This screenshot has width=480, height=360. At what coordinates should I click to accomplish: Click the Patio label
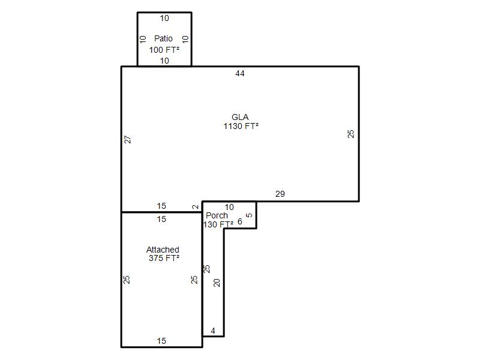click(x=163, y=38)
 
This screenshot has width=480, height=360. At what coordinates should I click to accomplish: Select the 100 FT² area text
click(x=164, y=50)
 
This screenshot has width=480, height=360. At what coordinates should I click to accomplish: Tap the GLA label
click(x=240, y=117)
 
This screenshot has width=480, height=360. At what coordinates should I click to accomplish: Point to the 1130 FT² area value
click(x=241, y=126)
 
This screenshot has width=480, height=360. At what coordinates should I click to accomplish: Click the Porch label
click(x=217, y=215)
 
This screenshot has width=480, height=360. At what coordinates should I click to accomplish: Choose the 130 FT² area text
click(x=218, y=224)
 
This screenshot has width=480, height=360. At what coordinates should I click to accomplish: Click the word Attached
click(x=163, y=250)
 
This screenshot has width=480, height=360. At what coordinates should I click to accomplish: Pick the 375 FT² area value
click(x=164, y=258)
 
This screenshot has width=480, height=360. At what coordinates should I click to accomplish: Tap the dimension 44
click(x=240, y=73)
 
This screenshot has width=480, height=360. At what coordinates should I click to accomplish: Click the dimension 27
click(x=128, y=139)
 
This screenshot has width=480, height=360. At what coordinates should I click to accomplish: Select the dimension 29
click(x=280, y=194)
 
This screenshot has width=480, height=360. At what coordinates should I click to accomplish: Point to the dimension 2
click(x=196, y=207)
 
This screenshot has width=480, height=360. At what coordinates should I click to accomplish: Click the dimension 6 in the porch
click(x=239, y=221)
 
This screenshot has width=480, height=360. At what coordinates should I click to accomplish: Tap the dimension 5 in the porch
click(x=250, y=215)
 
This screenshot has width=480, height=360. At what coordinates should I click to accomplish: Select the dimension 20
click(x=217, y=283)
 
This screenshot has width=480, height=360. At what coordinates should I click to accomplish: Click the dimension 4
click(x=213, y=331)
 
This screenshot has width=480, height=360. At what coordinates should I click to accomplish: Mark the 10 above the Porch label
click(x=229, y=207)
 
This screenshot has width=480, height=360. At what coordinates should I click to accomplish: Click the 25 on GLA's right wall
click(x=351, y=134)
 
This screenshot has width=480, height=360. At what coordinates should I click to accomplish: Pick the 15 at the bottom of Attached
click(x=161, y=341)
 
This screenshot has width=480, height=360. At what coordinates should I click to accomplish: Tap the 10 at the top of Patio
click(x=164, y=19)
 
